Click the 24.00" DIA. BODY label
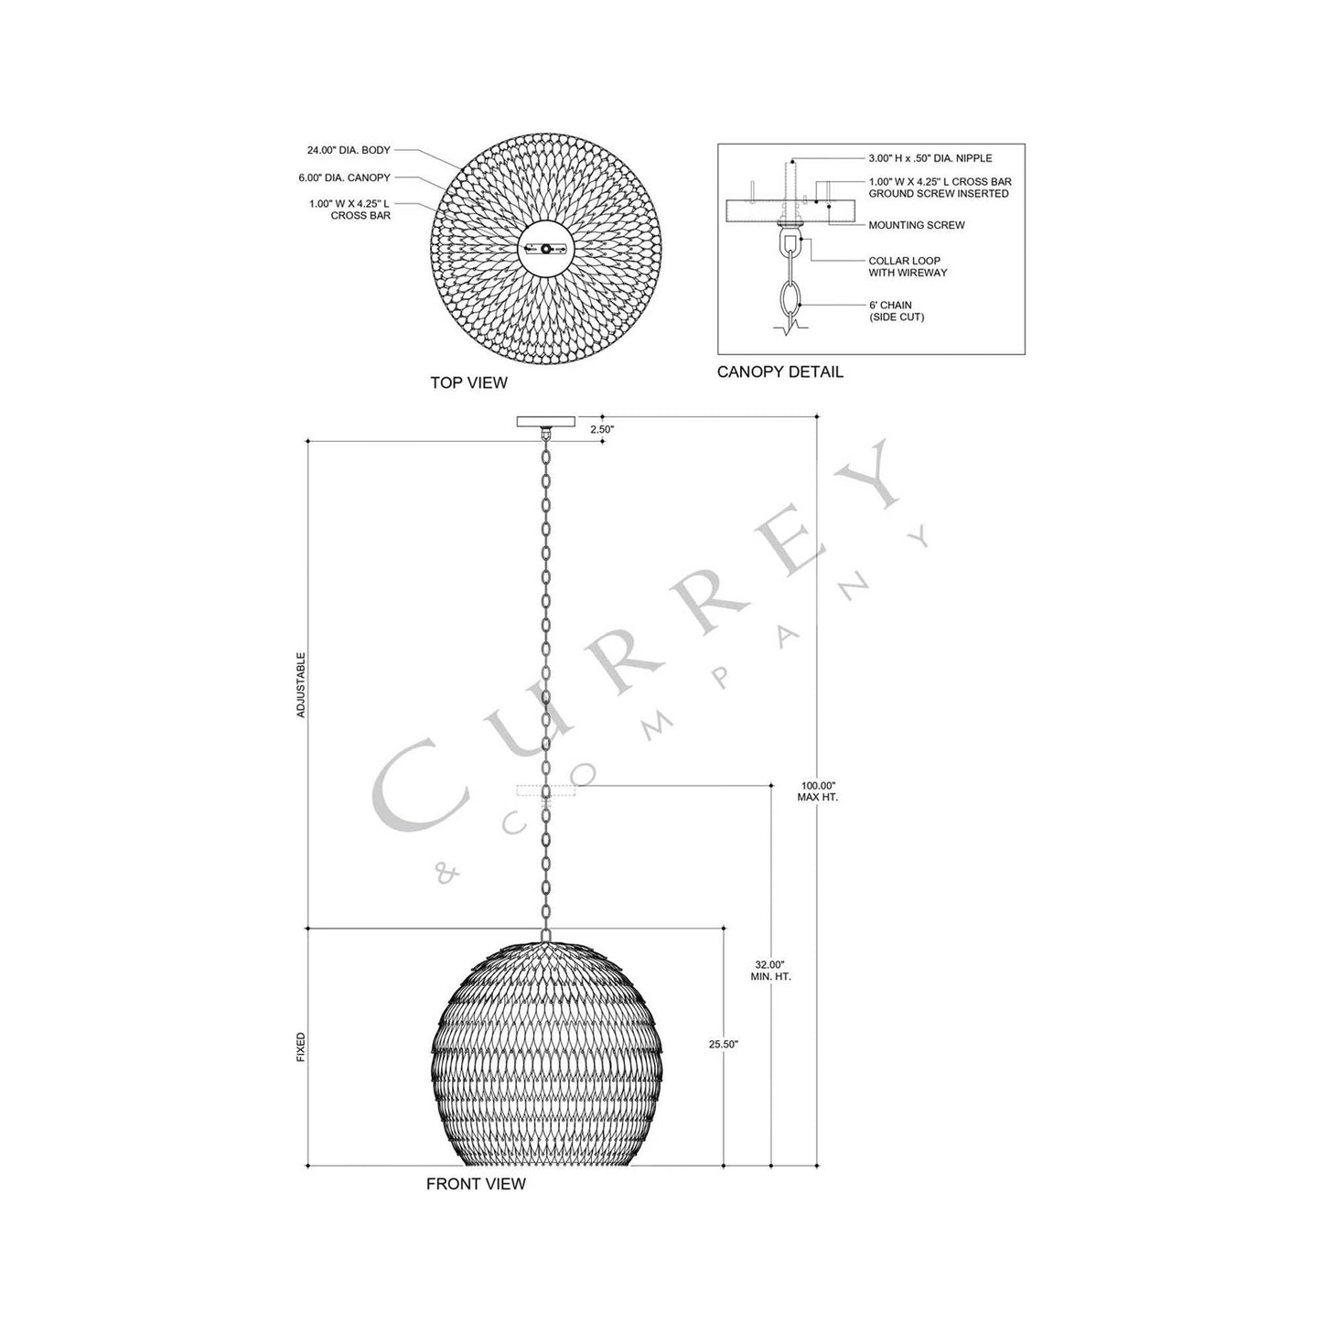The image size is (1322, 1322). pos(349,150)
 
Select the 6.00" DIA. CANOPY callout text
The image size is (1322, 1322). pos(346,177)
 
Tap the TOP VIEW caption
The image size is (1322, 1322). pos(468,382)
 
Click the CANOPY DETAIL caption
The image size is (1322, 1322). pos(779,372)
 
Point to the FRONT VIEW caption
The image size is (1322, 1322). pos(476,1184)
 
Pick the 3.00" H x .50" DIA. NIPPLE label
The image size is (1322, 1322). pos(930,158)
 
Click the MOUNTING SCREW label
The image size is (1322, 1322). pos(916,225)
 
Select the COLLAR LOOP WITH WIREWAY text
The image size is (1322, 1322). pos(908,266)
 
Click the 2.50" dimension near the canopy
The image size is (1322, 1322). pos(601,428)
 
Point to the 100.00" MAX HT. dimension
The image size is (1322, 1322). pos(818,791)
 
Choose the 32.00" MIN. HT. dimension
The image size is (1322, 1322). pos(770,970)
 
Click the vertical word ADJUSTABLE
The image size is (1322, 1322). pos(301,684)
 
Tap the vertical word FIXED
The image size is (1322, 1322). pos(301,1048)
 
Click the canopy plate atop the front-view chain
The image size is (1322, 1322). pos(546,422)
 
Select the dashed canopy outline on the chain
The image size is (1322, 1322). pos(546,790)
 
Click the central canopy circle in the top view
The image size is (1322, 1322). pos(545,247)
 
